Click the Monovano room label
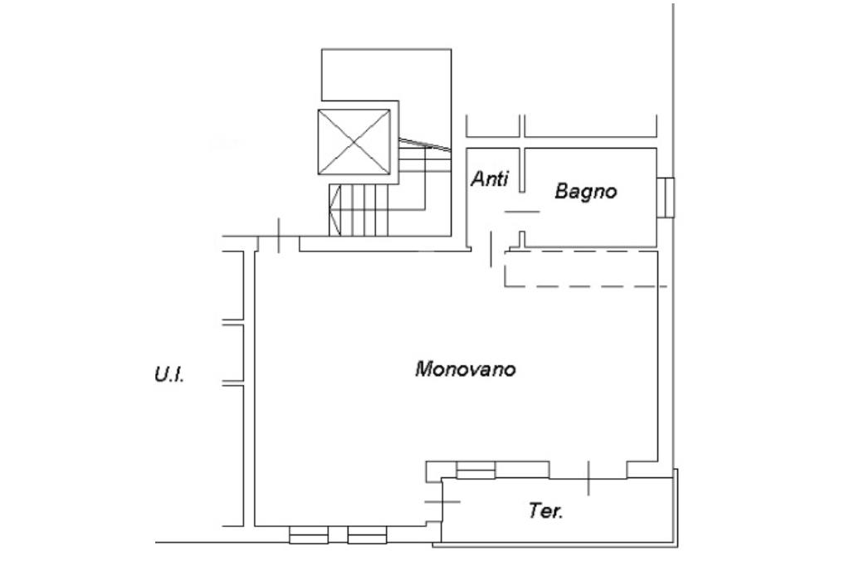[x=465, y=368]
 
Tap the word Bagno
[x=586, y=192]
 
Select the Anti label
[x=490, y=178]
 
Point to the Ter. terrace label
[x=546, y=511]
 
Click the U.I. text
[x=169, y=375]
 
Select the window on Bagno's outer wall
[x=667, y=198]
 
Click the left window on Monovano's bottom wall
[x=309, y=536]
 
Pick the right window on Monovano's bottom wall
[x=367, y=536]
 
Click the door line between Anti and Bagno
[x=522, y=212]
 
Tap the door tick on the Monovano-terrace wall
[x=589, y=478]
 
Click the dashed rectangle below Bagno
[x=585, y=267]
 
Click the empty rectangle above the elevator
[x=387, y=76]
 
